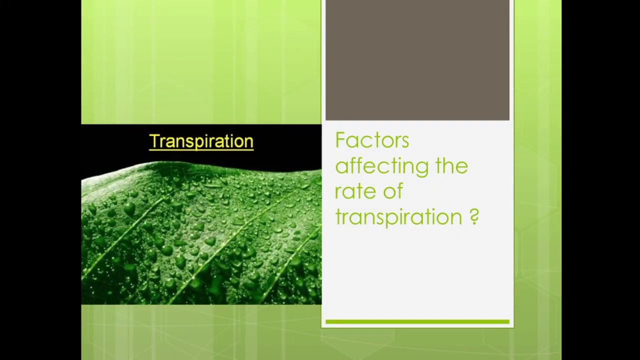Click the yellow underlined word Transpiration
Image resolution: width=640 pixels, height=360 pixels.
tap(201, 141)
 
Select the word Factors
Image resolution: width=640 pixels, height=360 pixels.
tap(372, 140)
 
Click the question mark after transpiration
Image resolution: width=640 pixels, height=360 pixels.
tap(474, 216)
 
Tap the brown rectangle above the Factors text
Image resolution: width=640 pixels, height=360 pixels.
tap(417, 60)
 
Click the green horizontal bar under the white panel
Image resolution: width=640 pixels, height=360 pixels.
tap(417, 322)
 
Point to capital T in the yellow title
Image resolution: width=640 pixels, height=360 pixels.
tap(154, 141)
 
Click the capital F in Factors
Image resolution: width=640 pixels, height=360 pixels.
tap(339, 140)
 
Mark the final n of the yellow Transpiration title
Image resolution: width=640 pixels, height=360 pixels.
tap(248, 142)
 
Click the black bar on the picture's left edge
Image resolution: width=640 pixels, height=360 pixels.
tap(40, 180)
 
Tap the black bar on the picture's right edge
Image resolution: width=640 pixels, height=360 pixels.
tap(600, 180)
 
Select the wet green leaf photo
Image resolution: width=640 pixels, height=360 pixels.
tap(201, 235)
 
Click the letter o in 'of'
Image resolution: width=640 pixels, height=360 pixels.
tap(389, 192)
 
